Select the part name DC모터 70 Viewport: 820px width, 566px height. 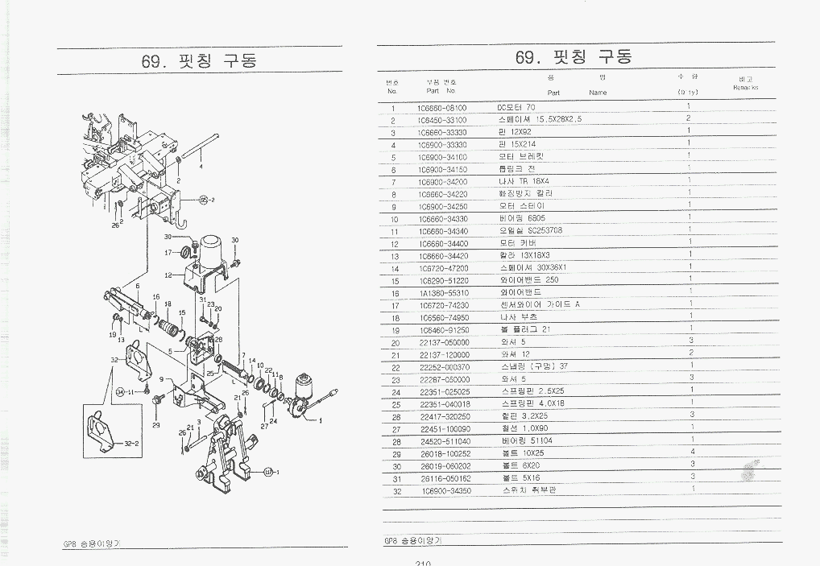[x=516, y=107]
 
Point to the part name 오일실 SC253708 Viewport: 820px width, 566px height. [x=530, y=231]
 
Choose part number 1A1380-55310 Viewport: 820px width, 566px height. [x=443, y=293]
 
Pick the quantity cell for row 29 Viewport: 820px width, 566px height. [x=692, y=452]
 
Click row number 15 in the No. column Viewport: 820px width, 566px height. [x=395, y=281]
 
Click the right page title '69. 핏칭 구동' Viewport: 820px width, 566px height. [x=574, y=57]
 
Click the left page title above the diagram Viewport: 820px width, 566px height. [x=199, y=61]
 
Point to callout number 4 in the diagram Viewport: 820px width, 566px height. [x=201, y=166]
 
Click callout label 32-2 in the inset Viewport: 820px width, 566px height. [x=131, y=444]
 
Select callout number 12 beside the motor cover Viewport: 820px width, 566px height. [x=169, y=275]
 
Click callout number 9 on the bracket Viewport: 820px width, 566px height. [x=161, y=378]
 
